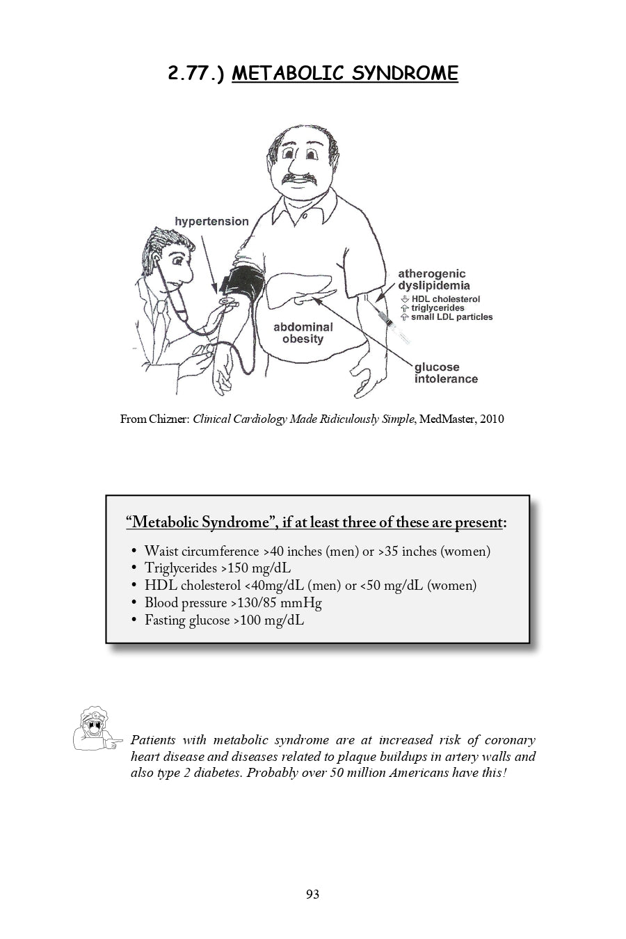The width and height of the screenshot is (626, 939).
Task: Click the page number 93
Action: [x=312, y=894]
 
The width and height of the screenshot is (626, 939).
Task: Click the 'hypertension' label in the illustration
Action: [x=211, y=221]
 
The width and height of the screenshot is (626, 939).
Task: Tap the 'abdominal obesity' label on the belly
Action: [x=303, y=333]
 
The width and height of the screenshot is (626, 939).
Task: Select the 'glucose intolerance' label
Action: [x=446, y=373]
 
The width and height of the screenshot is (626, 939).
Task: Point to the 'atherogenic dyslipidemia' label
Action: [x=433, y=280]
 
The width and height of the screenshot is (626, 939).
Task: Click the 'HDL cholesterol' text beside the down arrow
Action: [x=445, y=299]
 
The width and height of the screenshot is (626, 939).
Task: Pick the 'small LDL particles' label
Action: [x=451, y=317]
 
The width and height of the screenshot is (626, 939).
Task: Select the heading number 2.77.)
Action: [x=196, y=74]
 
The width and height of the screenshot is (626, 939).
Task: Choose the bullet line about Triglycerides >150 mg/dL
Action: [x=217, y=568]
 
